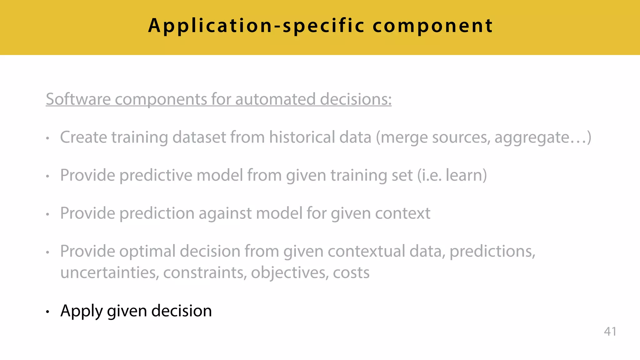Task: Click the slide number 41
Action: click(610, 331)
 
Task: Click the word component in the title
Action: click(433, 26)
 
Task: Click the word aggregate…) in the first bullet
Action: click(543, 138)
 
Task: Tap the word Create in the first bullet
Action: click(83, 137)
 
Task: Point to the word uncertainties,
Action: click(110, 273)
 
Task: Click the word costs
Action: click(351, 273)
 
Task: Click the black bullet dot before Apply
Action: click(47, 312)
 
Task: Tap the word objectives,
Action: click(290, 273)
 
